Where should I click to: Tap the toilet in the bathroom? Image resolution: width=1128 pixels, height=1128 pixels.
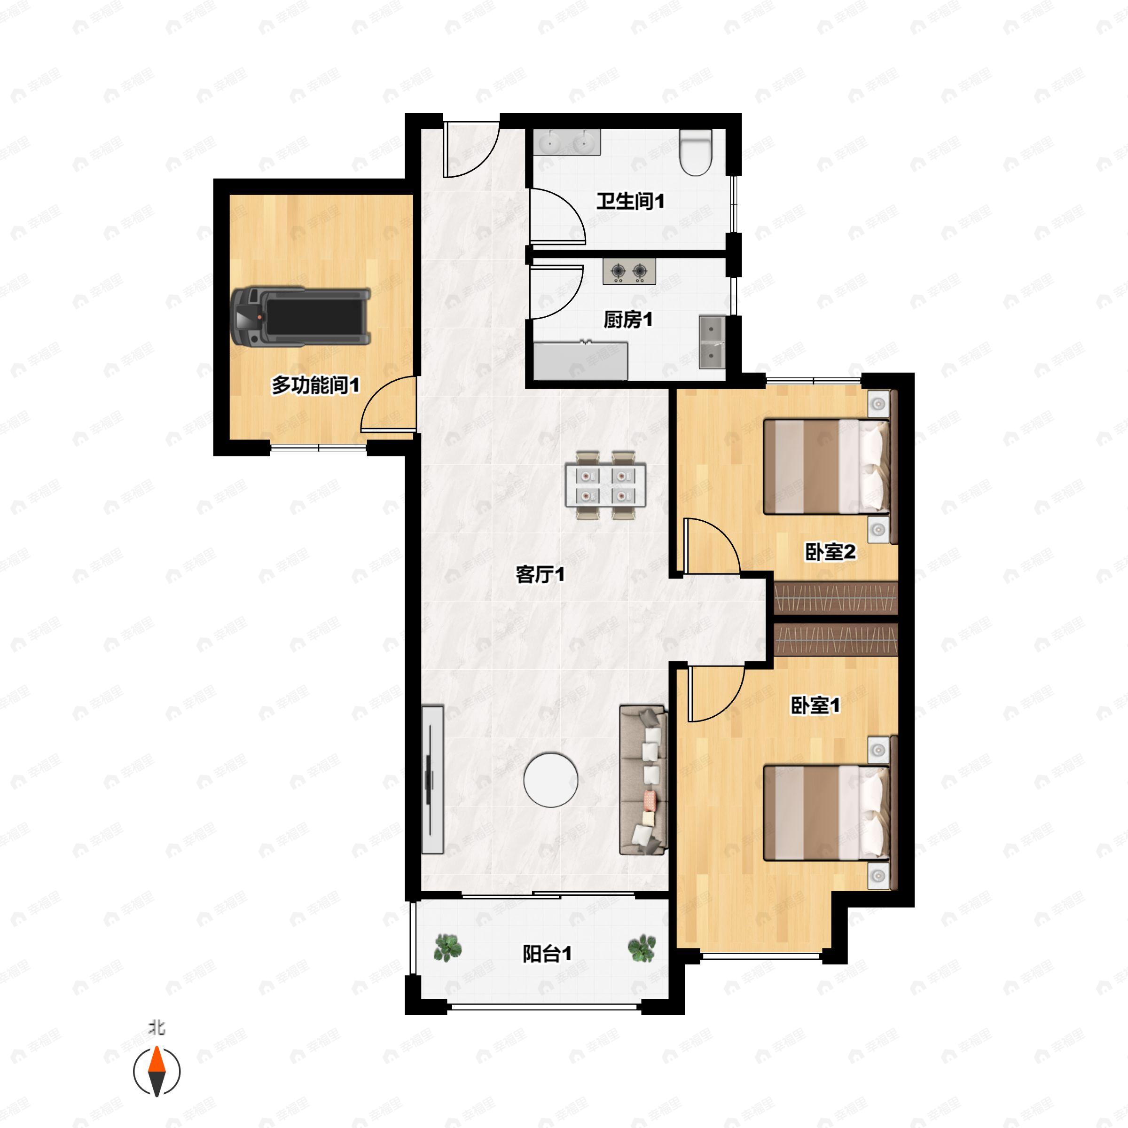click(x=696, y=152)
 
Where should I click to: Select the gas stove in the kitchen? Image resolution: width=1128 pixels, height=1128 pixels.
click(x=629, y=272)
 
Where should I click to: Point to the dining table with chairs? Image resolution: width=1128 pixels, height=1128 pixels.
click(x=605, y=485)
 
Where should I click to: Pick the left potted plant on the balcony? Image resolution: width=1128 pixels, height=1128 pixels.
click(x=448, y=947)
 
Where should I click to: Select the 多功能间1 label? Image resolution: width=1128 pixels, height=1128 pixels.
click(x=315, y=385)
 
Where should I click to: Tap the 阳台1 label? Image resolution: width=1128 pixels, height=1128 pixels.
click(x=547, y=954)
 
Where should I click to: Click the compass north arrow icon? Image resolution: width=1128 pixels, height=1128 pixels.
click(x=157, y=1072)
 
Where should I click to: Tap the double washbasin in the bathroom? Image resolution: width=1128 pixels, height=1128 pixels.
click(x=567, y=142)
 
